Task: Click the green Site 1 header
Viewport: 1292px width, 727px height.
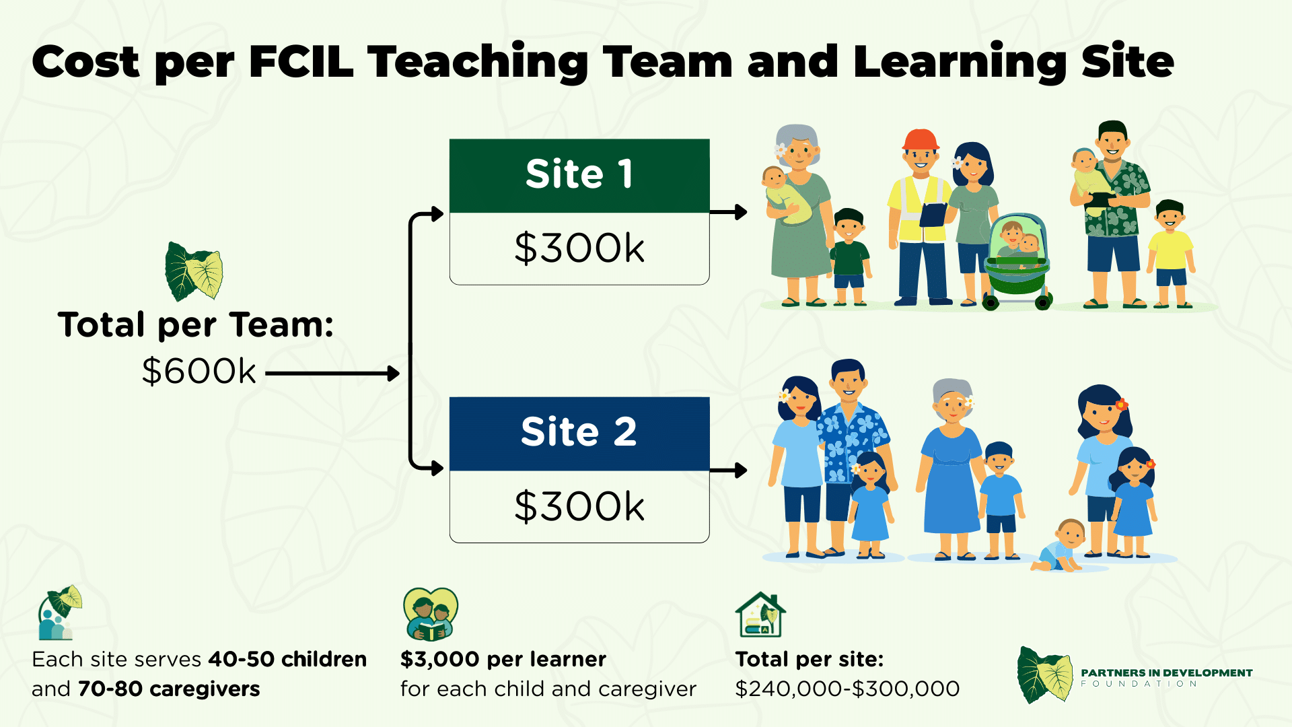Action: [579, 176]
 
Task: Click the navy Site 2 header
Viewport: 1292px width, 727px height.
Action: [579, 434]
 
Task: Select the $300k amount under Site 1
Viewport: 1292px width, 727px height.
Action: [579, 248]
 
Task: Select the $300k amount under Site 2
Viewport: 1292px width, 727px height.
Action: [579, 506]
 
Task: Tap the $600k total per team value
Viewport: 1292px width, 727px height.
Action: [199, 371]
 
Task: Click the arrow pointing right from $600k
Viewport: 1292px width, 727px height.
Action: [332, 373]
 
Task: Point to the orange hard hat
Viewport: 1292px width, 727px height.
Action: [921, 140]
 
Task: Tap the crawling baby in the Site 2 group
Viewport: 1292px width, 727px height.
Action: [1059, 546]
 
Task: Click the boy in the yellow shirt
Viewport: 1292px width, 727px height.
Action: [1171, 254]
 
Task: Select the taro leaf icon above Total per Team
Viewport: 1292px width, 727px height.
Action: [194, 271]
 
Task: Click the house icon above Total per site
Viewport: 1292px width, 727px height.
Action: [760, 615]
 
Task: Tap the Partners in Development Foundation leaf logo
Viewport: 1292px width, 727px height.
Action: [1045, 675]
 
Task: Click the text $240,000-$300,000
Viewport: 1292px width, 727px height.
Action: [847, 689]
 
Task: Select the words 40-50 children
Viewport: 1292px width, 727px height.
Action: [287, 659]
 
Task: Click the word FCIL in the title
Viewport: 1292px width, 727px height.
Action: [301, 62]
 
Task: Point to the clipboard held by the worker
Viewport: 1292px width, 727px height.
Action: [933, 215]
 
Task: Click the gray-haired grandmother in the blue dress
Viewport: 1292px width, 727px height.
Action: [950, 469]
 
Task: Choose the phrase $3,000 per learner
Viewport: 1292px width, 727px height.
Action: [503, 659]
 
